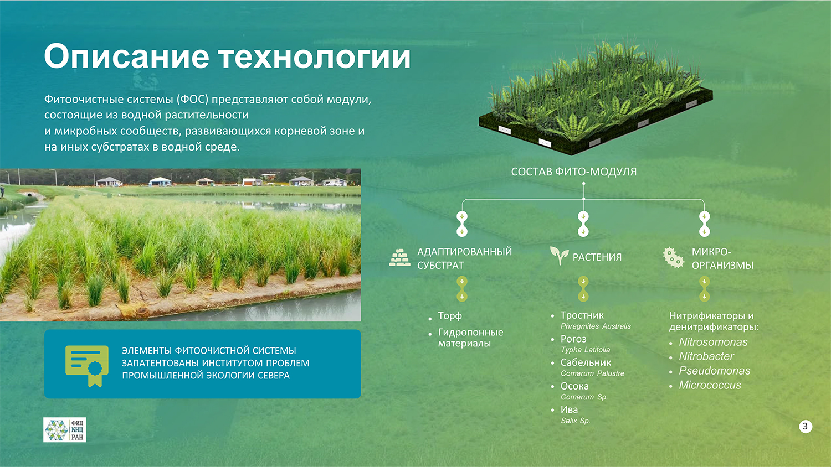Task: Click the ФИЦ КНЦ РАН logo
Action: (x=65, y=429)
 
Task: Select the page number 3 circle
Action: (x=806, y=427)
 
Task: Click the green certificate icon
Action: (x=87, y=366)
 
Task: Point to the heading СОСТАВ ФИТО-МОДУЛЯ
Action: (x=573, y=172)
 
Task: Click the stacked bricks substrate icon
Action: (x=399, y=258)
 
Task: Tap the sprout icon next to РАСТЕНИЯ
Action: (x=559, y=256)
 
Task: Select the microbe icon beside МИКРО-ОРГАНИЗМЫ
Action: (x=673, y=257)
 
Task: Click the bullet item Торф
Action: (x=450, y=316)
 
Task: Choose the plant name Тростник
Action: (x=582, y=315)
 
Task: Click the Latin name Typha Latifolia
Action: (x=586, y=350)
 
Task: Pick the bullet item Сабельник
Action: (x=586, y=362)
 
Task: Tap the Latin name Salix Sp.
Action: (x=576, y=421)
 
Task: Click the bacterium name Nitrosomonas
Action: (x=713, y=342)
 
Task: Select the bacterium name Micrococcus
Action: (x=710, y=385)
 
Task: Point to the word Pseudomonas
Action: (x=715, y=371)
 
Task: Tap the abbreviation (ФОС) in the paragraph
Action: (x=192, y=100)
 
